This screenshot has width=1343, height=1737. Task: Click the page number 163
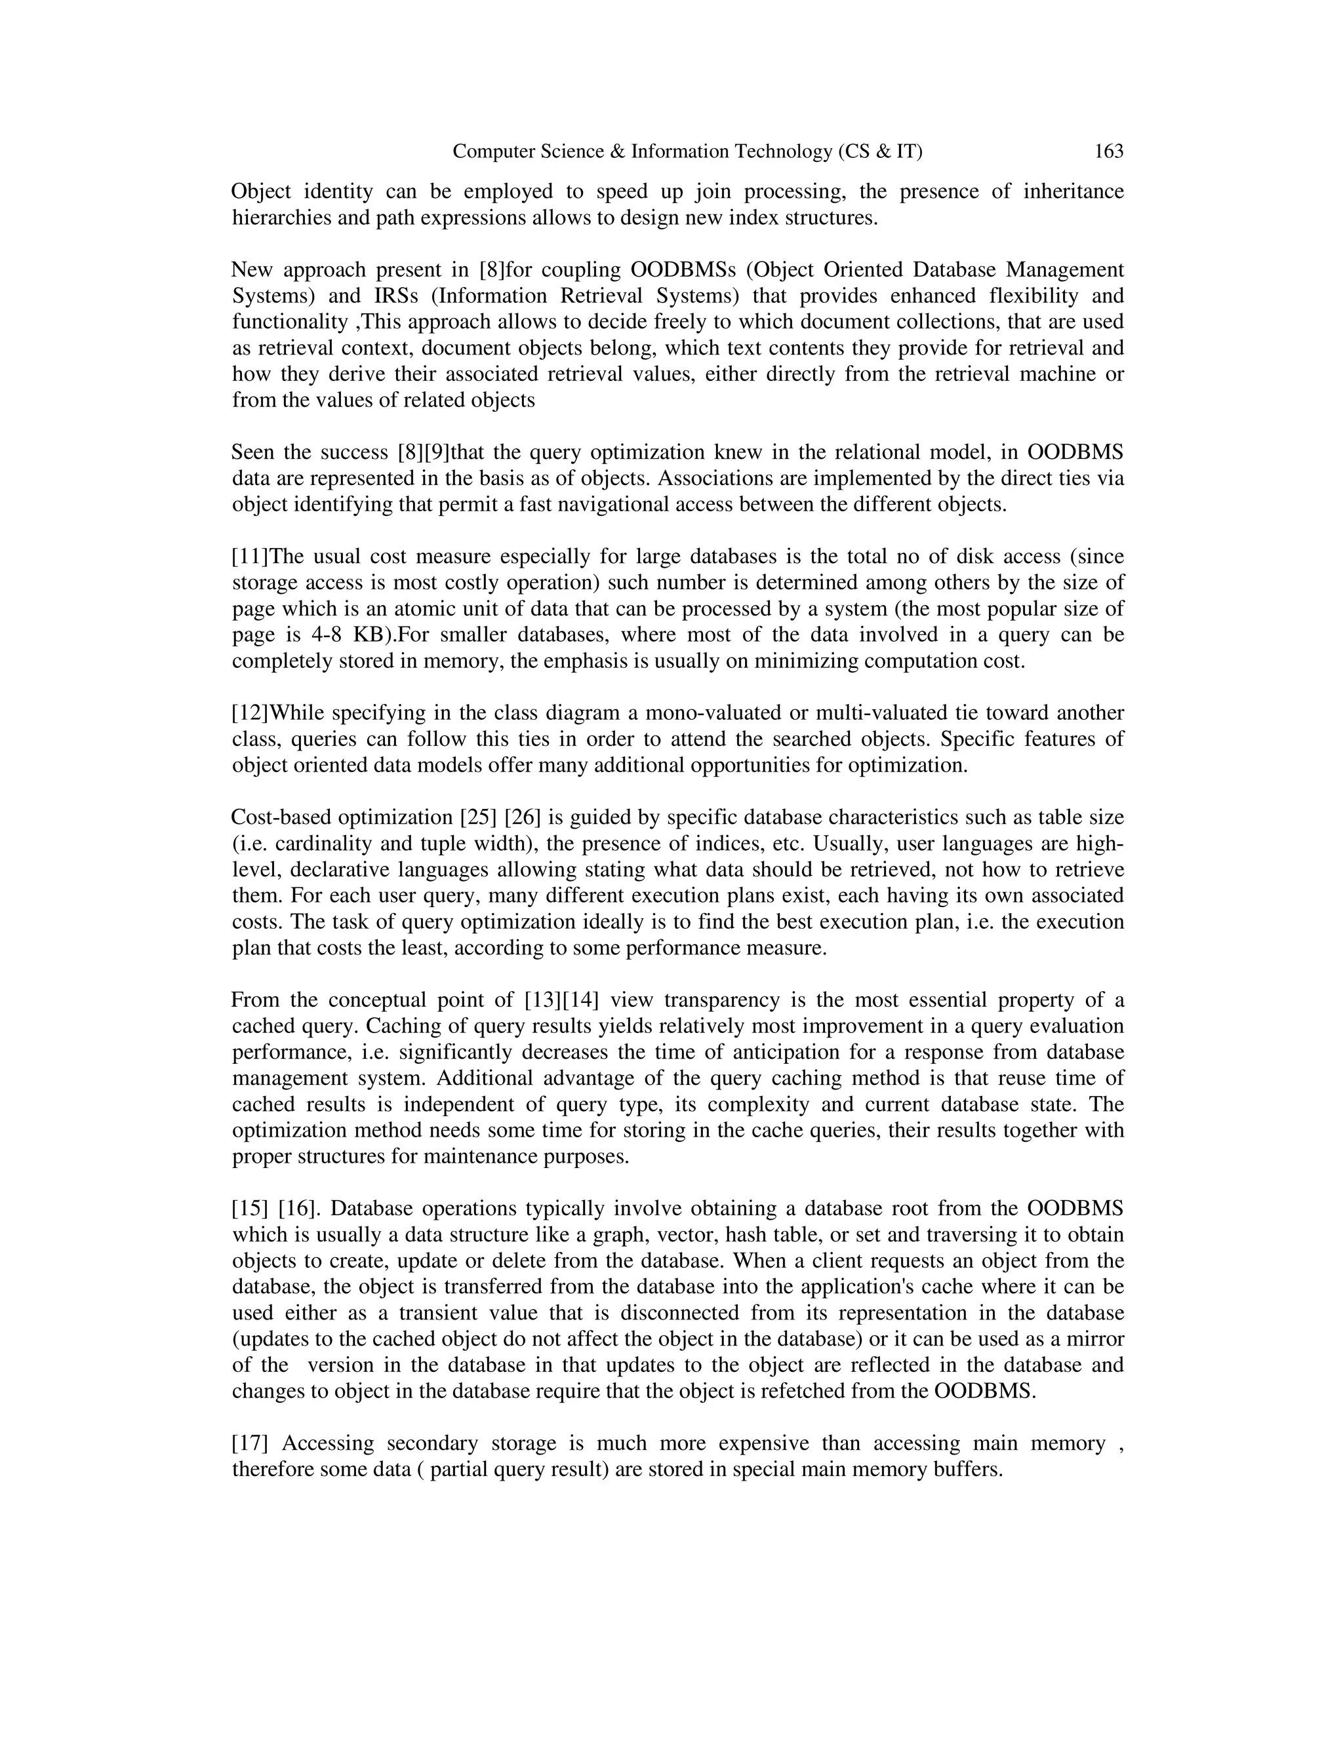(x=1108, y=151)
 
